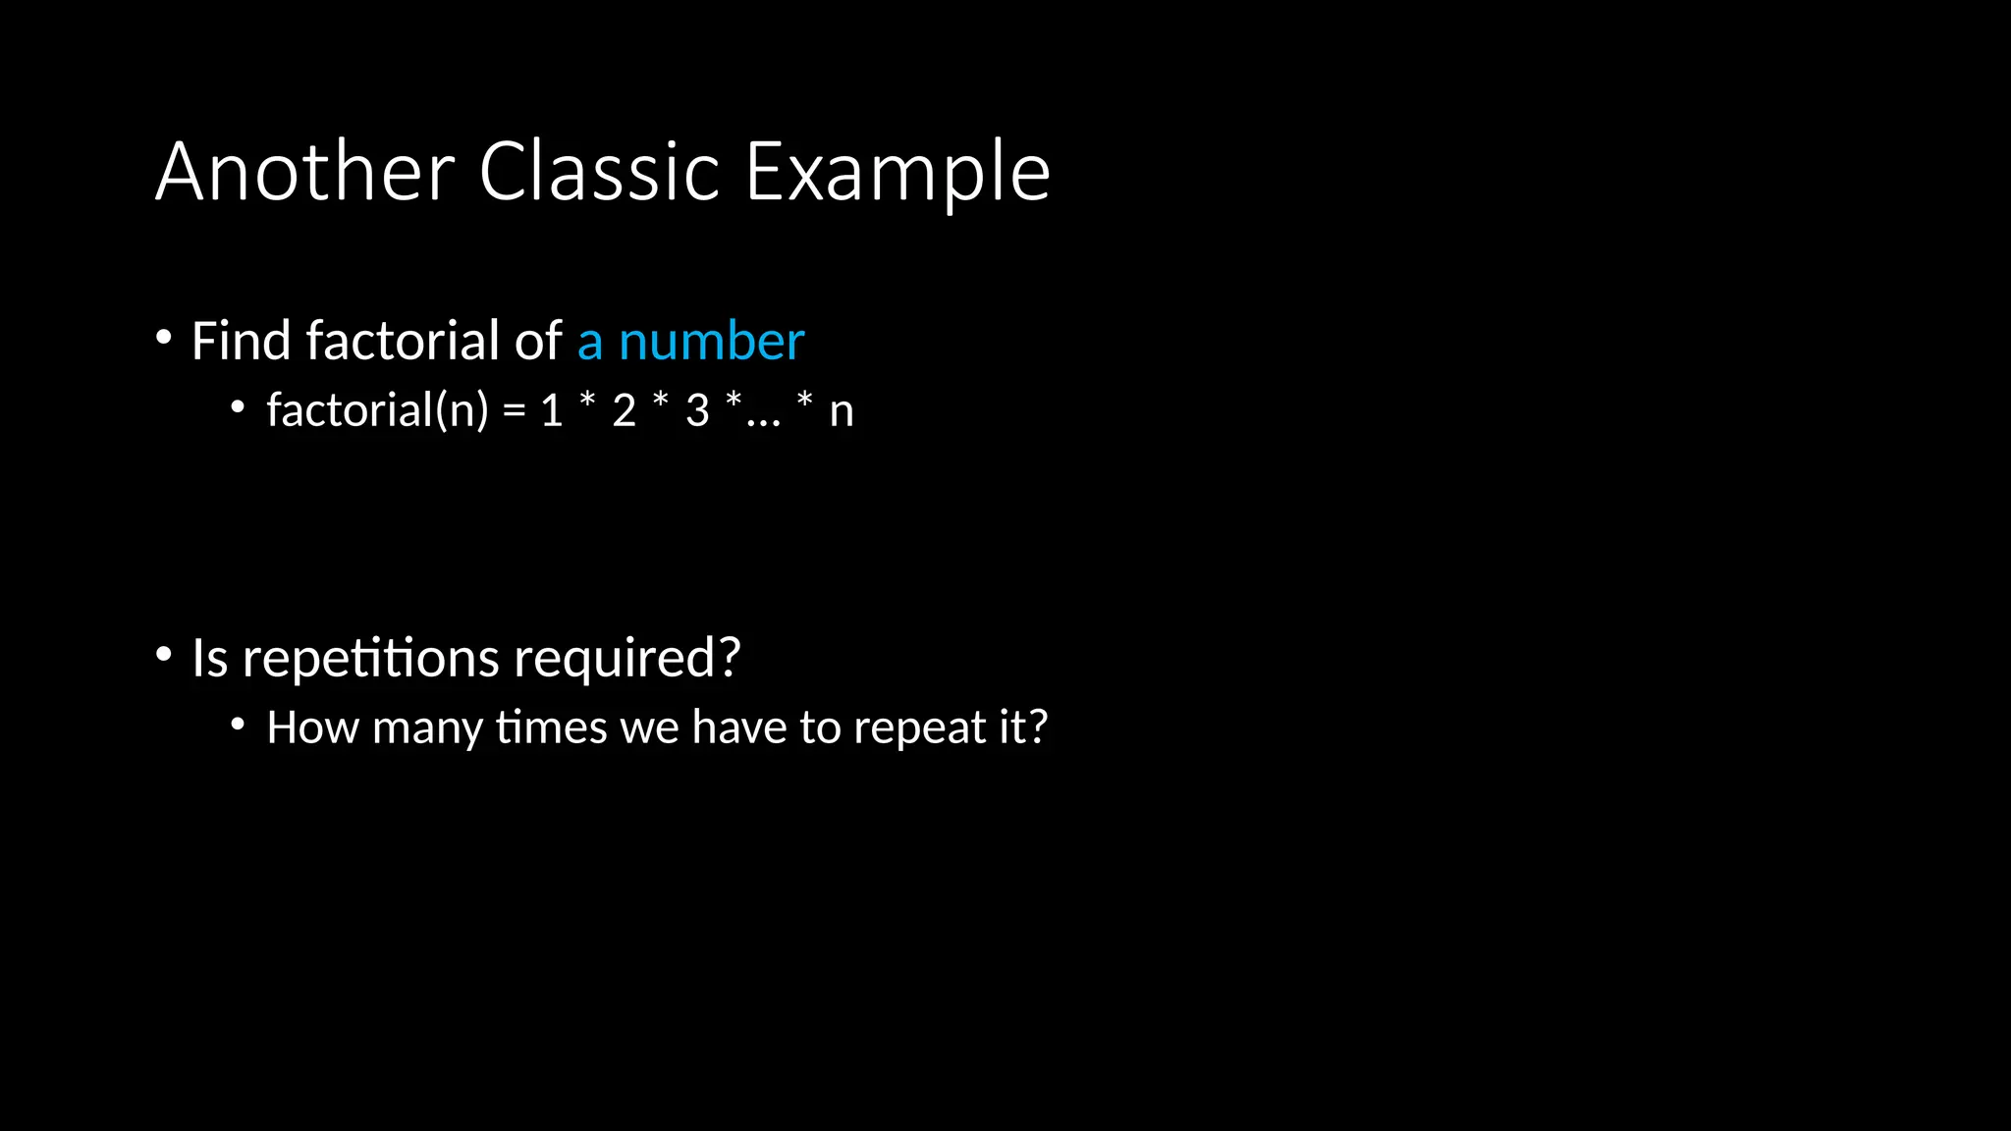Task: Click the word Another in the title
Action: click(305, 172)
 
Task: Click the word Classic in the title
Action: click(599, 172)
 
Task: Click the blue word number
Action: click(711, 342)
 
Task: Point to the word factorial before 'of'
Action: click(403, 341)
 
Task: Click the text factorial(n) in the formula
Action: click(377, 409)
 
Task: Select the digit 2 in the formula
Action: click(625, 410)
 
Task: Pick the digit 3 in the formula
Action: click(697, 410)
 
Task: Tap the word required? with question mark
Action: click(626, 660)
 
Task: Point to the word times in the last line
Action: click(552, 727)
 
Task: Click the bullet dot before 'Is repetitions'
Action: click(164, 655)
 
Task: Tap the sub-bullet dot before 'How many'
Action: click(238, 725)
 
